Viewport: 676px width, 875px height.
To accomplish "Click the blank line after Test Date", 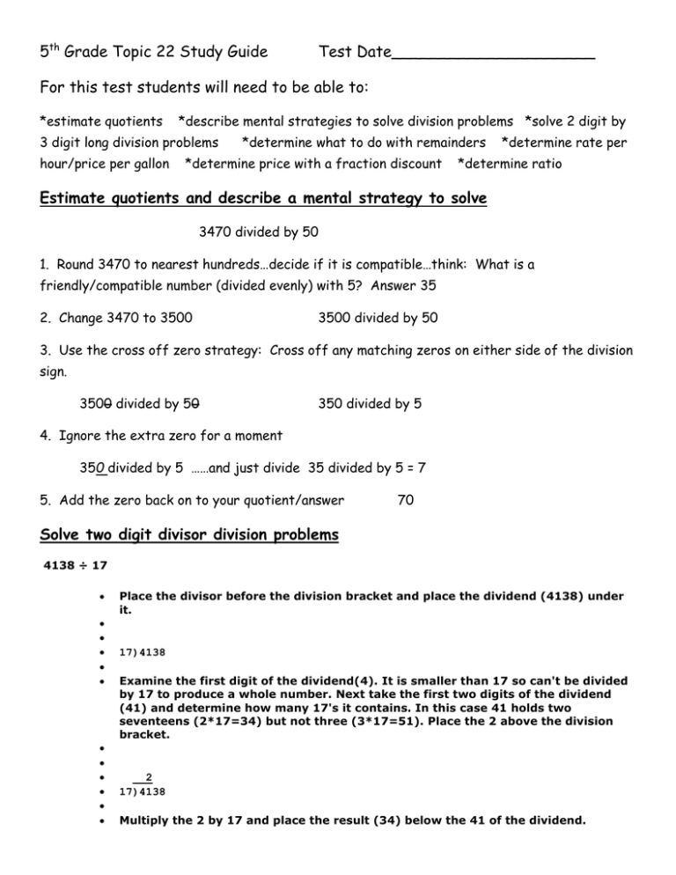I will (493, 55).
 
